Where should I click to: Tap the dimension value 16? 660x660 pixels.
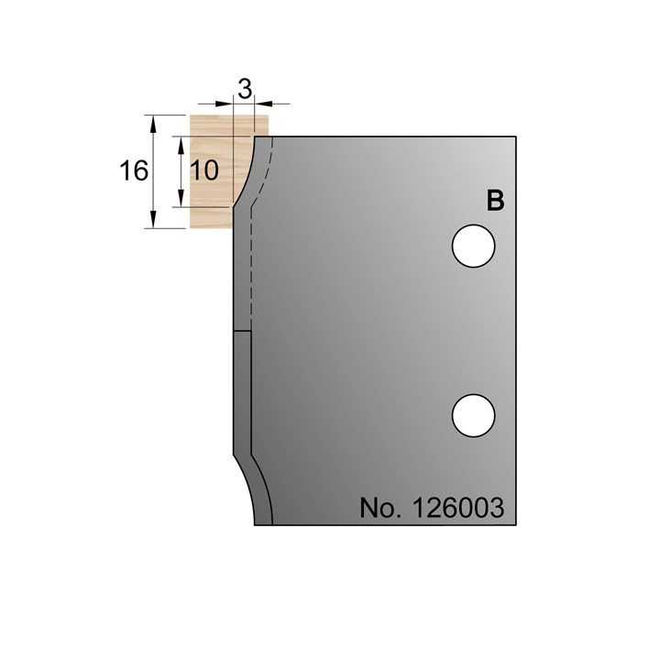134,170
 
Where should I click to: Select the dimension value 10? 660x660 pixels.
205,170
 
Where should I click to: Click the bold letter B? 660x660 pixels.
495,202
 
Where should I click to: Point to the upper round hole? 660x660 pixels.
474,247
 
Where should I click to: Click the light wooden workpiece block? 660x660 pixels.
211,128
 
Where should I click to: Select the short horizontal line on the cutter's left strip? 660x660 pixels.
241,330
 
